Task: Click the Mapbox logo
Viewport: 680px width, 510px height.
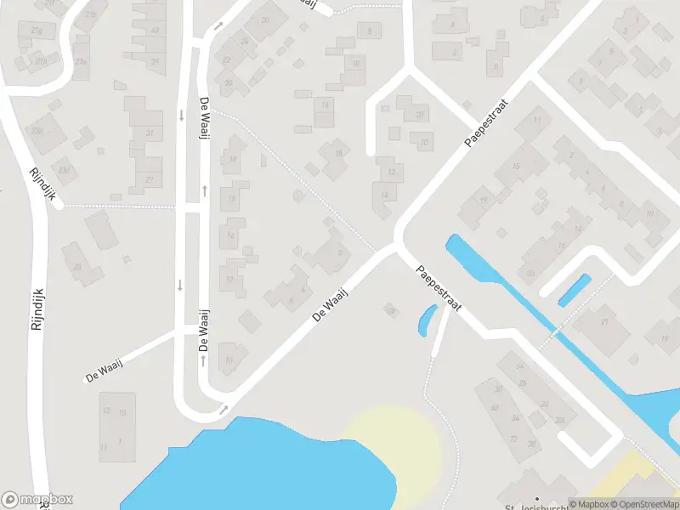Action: pos(37,500)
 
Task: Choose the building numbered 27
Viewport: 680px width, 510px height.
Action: pos(150,179)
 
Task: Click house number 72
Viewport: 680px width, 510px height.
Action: pos(513,439)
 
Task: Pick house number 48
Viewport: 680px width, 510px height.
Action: pos(494,408)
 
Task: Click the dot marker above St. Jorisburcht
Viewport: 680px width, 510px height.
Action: pos(536,498)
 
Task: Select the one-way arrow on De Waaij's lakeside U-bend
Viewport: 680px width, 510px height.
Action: pos(223,411)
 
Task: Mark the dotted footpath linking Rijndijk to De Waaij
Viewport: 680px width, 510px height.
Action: pos(119,206)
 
